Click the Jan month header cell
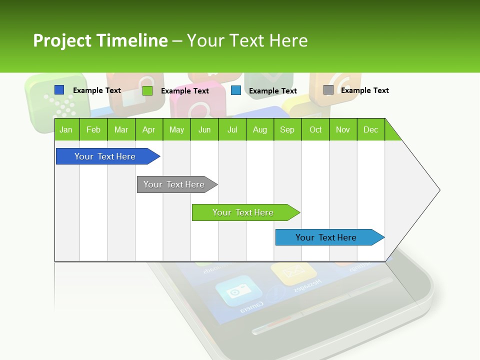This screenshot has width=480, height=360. pos(66,129)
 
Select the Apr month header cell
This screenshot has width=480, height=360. pos(149,129)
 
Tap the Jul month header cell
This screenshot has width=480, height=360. pos(232,129)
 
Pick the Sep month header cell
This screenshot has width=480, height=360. pos(287,129)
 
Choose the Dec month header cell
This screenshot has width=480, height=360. pos(370,129)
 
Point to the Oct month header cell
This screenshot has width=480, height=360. pos(315,129)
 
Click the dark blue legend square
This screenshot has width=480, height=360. pos(59,90)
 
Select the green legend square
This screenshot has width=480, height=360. pos(147,90)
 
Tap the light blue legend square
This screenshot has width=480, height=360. pos(236,90)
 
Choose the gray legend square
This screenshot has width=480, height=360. pos(328,90)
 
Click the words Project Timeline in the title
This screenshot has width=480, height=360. pos(100,40)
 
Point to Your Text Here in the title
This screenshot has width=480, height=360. pos(247,40)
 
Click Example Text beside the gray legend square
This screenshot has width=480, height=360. pos(364,90)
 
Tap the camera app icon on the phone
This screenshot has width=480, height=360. pos(238,291)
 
